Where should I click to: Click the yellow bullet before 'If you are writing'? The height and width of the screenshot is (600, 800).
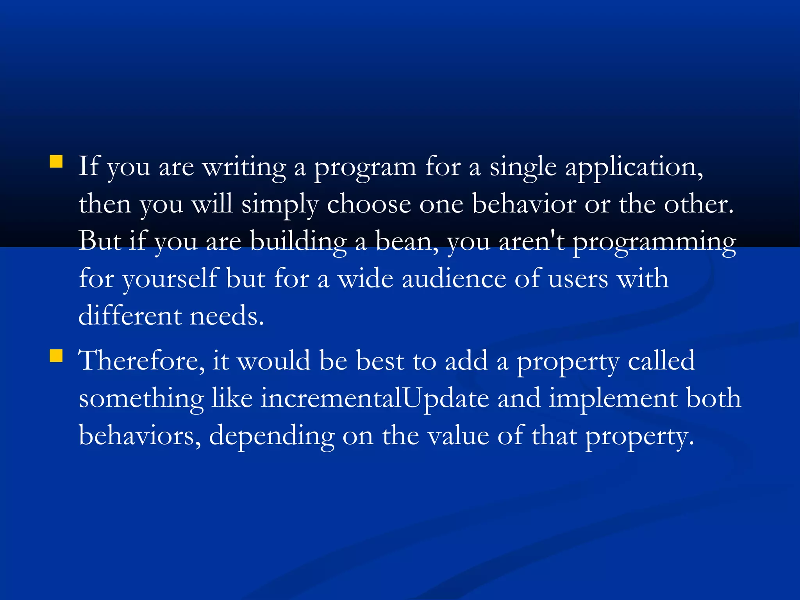56,161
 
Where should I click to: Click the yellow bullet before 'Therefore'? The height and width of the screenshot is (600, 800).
56,356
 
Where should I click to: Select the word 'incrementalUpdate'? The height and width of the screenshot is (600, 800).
375,398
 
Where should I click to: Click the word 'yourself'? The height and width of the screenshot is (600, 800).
170,279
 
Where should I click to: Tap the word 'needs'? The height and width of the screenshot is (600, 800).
227,316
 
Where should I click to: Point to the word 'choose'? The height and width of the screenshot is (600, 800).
369,204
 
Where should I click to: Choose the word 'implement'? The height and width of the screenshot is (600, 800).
613,399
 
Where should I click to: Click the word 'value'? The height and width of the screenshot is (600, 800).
458,436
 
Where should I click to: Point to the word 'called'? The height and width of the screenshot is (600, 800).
661,361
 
